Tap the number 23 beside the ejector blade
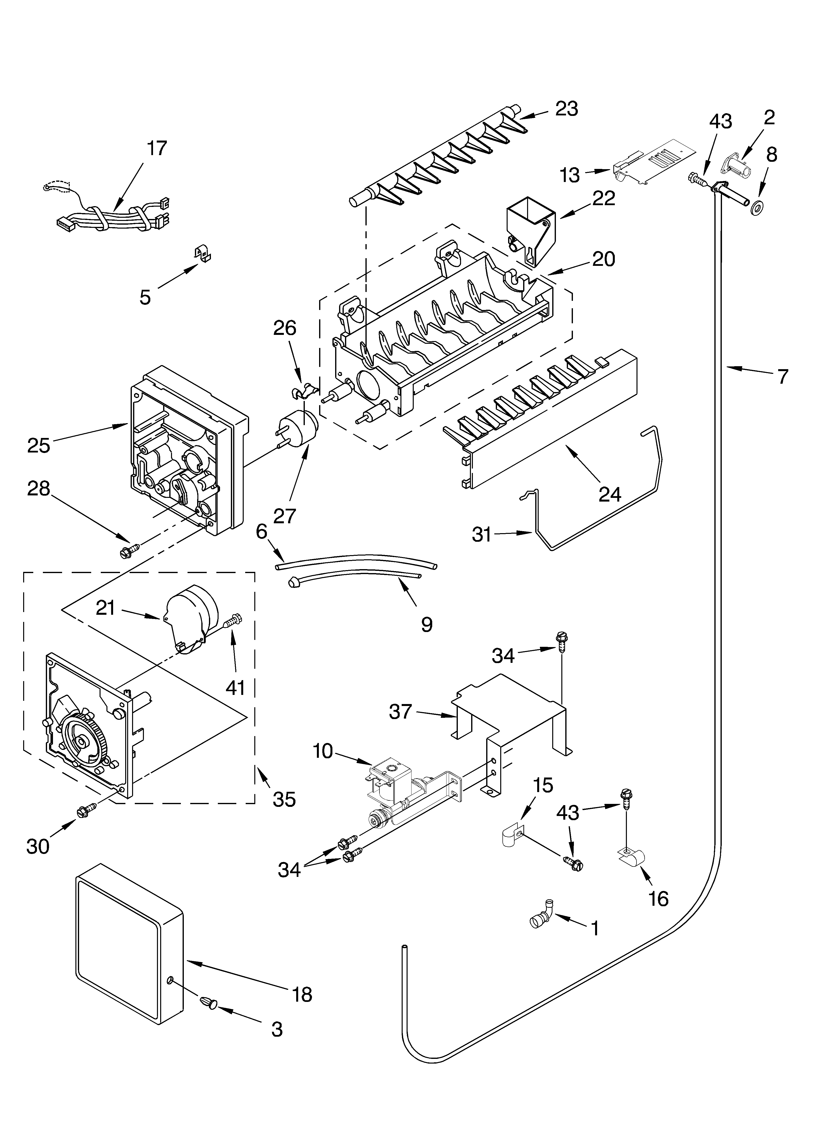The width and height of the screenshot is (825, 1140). (567, 109)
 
